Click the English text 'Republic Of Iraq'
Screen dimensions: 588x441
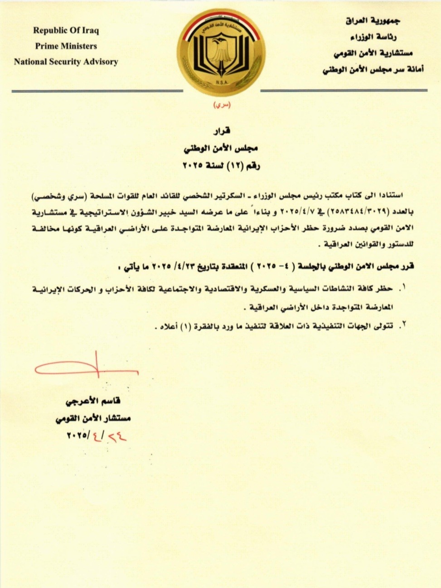(x=66, y=31)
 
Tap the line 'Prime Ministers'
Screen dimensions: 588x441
(x=66, y=46)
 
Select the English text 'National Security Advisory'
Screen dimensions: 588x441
(x=66, y=62)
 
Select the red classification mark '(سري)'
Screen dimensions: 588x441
(x=221, y=105)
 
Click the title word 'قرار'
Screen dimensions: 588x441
(x=221, y=131)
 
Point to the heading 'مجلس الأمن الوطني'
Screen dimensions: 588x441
(x=221, y=148)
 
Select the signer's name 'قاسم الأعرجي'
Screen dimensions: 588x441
(x=93, y=402)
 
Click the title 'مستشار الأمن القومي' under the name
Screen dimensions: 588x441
(x=93, y=419)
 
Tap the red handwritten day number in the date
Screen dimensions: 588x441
(x=116, y=436)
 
